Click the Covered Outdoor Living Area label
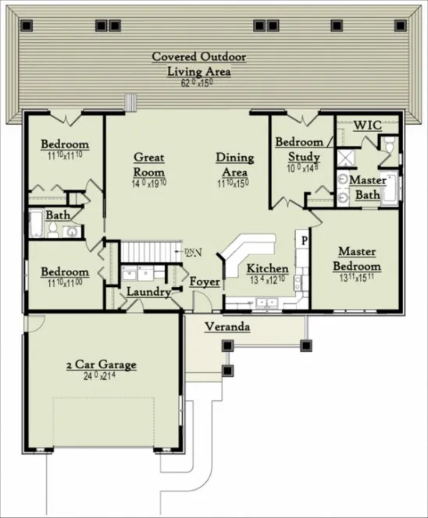(198, 64)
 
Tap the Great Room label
(148, 164)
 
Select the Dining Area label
(234, 164)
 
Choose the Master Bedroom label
(358, 259)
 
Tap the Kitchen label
(268, 269)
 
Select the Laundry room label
(149, 292)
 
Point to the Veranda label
(227, 327)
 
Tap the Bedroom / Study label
(299, 150)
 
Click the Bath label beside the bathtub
(57, 215)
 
